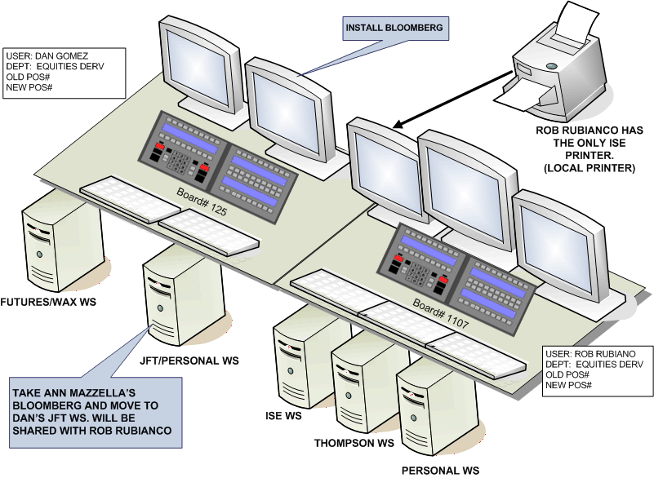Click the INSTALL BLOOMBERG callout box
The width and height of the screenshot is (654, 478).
pyautogui.click(x=395, y=28)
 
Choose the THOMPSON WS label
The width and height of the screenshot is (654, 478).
pyautogui.click(x=354, y=444)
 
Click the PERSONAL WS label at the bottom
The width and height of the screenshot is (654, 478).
pyautogui.click(x=439, y=470)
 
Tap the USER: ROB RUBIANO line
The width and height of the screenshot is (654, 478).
pyautogui.click(x=589, y=354)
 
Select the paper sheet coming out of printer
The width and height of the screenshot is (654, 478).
pyautogui.click(x=519, y=100)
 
